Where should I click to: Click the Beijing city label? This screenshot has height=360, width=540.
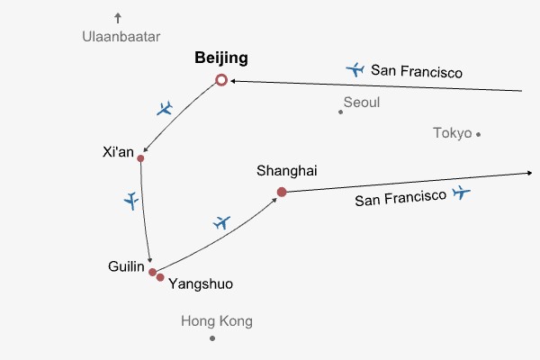tap(221, 58)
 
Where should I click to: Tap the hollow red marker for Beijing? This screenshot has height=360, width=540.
tap(221, 81)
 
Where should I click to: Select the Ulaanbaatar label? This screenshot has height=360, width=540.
tap(121, 37)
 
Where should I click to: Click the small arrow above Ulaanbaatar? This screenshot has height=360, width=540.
tap(117, 17)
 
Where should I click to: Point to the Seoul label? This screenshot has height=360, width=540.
tap(362, 103)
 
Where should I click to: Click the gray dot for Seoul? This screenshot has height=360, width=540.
tap(340, 112)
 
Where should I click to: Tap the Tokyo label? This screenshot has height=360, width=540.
tap(452, 133)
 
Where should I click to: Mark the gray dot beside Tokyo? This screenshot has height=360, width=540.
tap(479, 134)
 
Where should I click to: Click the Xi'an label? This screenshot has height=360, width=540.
tap(119, 152)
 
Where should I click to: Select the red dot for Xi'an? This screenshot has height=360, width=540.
tap(140, 158)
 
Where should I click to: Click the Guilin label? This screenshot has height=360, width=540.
tap(125, 266)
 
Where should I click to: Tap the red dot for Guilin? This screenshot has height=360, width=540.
tap(152, 271)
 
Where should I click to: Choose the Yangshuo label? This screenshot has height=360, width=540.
tap(201, 283)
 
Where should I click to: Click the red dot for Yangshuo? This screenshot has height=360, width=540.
tap(160, 277)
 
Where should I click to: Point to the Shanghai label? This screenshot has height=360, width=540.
tap(286, 170)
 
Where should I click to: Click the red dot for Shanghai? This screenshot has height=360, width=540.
tap(282, 192)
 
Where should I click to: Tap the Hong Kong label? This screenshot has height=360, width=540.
tap(217, 321)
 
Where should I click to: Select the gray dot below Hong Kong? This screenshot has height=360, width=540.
tap(212, 338)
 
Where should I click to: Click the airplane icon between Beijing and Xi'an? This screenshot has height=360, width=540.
tap(164, 109)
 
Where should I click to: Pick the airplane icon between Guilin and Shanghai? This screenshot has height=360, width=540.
tap(221, 222)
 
